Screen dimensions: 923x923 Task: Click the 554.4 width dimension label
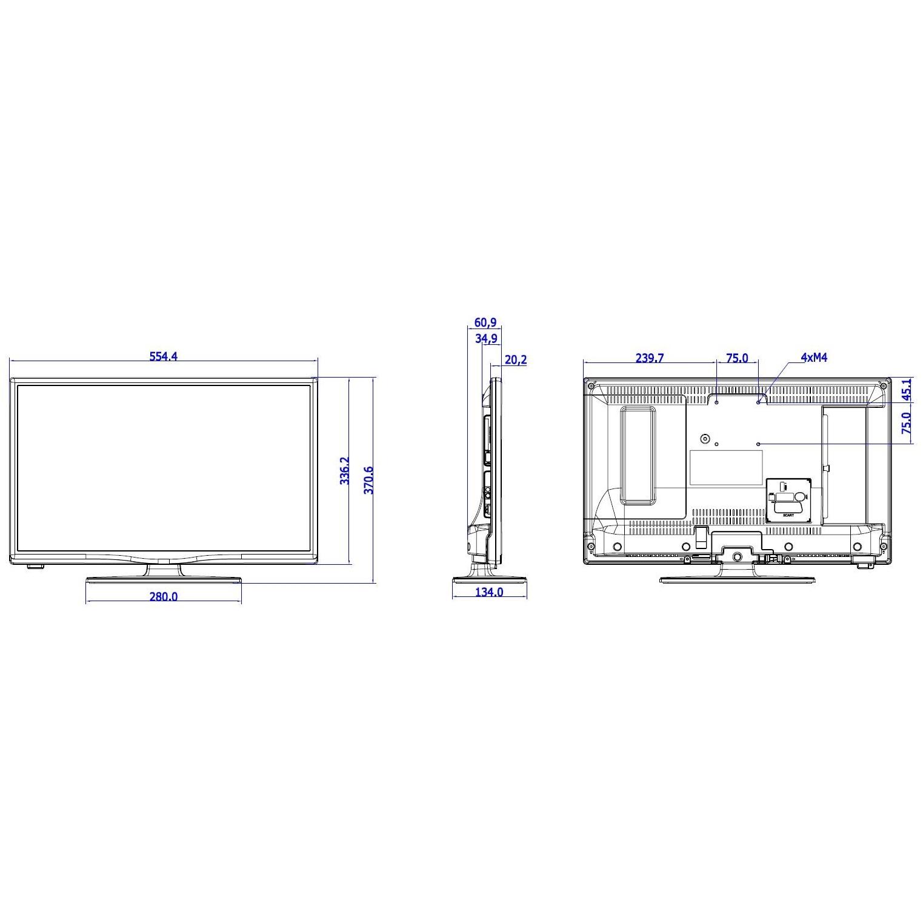click(164, 356)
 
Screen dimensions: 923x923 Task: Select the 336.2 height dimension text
click(344, 470)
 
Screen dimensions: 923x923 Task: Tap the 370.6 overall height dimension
click(368, 480)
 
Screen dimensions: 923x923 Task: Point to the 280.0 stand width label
click(164, 596)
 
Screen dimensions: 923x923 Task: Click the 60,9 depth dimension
click(485, 324)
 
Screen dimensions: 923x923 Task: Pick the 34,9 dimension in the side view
click(486, 339)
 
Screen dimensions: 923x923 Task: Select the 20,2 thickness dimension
click(515, 360)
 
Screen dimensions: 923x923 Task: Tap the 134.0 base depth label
click(488, 592)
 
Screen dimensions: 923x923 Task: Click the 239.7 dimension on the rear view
click(649, 358)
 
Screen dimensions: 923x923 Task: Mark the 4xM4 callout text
click(813, 358)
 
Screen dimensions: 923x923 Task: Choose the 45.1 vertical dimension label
click(907, 389)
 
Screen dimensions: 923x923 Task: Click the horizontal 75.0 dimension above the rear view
click(736, 358)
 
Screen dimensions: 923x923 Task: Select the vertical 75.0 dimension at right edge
click(907, 423)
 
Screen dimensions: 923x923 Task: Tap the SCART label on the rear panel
click(788, 515)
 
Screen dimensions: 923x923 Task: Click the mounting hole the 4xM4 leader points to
click(758, 401)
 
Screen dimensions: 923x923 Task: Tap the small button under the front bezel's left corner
click(35, 567)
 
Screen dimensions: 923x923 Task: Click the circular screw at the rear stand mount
click(737, 556)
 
